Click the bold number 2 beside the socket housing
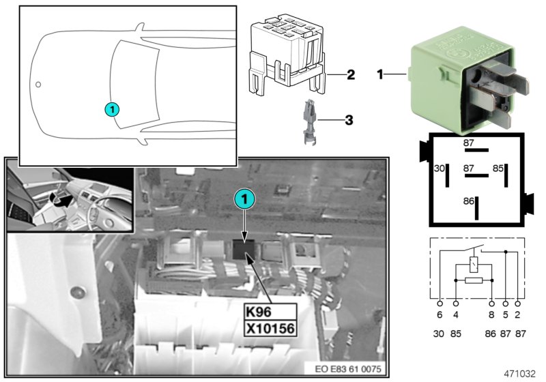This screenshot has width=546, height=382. [350, 75]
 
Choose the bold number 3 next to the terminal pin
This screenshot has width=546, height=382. [348, 121]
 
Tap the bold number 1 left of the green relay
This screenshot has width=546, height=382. [380, 72]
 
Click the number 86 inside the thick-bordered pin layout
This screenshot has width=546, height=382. [468, 203]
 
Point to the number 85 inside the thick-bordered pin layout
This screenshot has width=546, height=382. [499, 167]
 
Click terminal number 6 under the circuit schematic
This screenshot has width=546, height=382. [440, 315]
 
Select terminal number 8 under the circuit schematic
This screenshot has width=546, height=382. [491, 315]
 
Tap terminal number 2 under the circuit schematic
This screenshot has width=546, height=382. [519, 315]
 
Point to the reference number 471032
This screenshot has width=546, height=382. [521, 374]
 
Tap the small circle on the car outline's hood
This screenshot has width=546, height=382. [39, 85]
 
